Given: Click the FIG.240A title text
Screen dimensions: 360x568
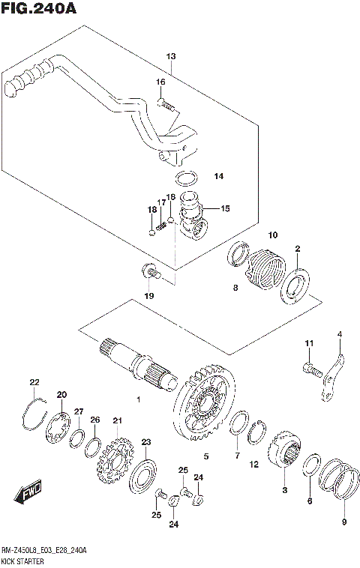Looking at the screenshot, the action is [39, 8].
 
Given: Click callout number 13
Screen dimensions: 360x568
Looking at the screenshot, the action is [171, 56].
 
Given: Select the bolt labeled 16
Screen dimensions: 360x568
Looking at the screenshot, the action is [166, 103].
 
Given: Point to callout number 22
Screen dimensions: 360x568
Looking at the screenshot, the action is [34, 382].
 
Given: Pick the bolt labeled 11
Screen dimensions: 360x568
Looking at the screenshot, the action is [312, 369].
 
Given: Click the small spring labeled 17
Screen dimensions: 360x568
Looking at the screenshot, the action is [161, 226].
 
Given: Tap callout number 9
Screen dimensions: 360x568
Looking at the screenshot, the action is [344, 522].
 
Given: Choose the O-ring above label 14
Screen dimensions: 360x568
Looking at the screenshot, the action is [186, 178].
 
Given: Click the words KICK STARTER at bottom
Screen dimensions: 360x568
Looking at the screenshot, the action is [22, 562].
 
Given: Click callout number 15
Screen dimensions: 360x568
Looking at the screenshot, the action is [225, 208].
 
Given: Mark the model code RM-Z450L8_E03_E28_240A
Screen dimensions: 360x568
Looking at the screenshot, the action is [43, 551].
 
